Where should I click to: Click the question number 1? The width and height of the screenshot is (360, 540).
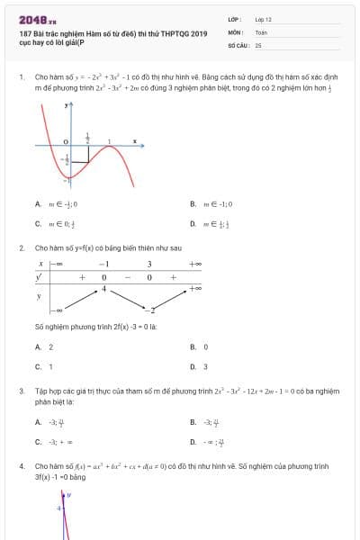[21, 77]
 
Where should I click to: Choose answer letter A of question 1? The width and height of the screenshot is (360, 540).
[38, 203]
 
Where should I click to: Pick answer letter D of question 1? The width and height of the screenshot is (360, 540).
[193, 223]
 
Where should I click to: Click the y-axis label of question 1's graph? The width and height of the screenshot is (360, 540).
[67, 105]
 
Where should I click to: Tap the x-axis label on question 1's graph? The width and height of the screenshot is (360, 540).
[134, 140]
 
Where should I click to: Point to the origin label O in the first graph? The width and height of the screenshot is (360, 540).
[66, 142]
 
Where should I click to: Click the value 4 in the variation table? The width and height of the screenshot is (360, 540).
[103, 289]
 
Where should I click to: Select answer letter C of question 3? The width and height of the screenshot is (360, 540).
[38, 442]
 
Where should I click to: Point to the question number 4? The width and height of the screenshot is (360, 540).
[21, 466]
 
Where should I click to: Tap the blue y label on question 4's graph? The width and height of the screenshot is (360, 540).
[68, 495]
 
